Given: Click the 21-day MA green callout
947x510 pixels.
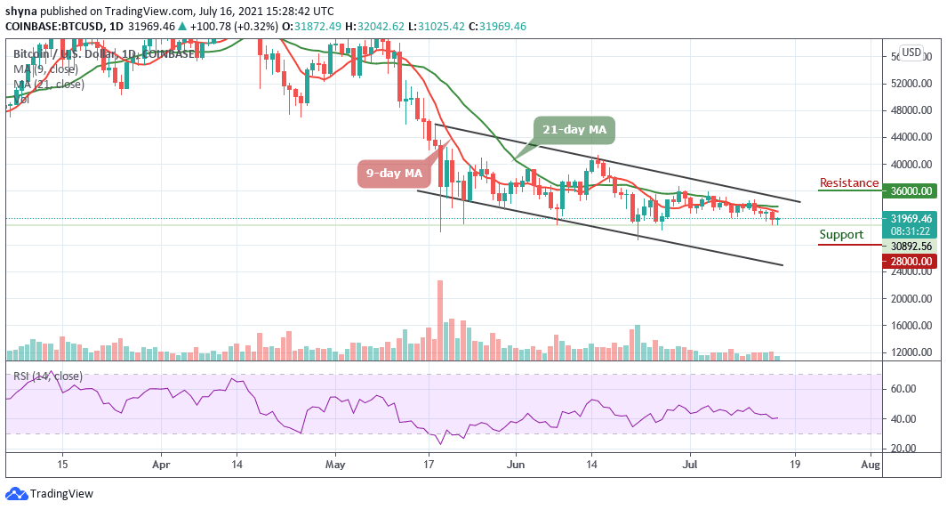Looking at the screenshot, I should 574,130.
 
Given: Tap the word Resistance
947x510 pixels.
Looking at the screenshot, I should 848,183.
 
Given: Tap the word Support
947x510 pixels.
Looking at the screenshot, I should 840,235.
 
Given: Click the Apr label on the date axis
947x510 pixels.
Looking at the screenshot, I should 161,464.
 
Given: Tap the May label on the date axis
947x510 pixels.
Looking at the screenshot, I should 334,464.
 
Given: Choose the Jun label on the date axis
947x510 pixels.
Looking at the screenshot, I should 516,464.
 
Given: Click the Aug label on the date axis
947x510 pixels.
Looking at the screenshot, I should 871,464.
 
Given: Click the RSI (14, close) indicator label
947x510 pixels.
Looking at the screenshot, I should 48,376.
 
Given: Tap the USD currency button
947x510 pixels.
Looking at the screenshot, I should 911,53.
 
